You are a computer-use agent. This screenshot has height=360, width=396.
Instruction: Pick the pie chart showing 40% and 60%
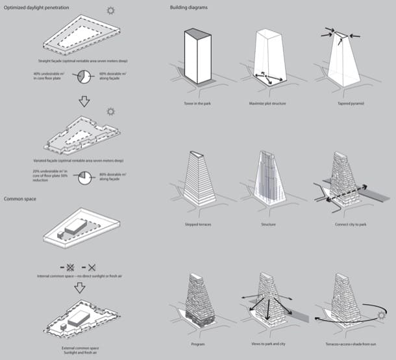tap(82, 77)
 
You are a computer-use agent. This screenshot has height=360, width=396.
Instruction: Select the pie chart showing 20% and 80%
tap(82, 177)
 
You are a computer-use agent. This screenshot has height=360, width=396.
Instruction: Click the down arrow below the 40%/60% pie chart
tap(82, 103)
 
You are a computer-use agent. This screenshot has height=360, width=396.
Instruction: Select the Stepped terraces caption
tap(199, 225)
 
